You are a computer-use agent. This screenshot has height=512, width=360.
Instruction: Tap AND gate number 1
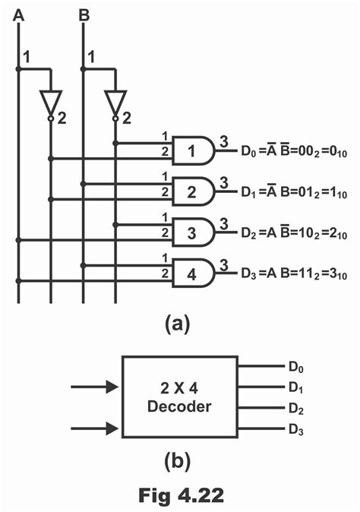194,150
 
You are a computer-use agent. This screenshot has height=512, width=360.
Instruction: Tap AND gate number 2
194,191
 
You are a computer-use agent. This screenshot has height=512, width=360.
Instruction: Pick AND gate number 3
194,232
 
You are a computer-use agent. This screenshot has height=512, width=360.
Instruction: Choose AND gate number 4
194,273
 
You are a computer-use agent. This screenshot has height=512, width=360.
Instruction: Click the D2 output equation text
293,232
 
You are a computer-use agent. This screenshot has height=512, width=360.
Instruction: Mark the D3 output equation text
293,273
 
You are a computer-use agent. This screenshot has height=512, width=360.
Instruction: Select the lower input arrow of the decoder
94,429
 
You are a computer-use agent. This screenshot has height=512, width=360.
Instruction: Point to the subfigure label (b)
178,460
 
